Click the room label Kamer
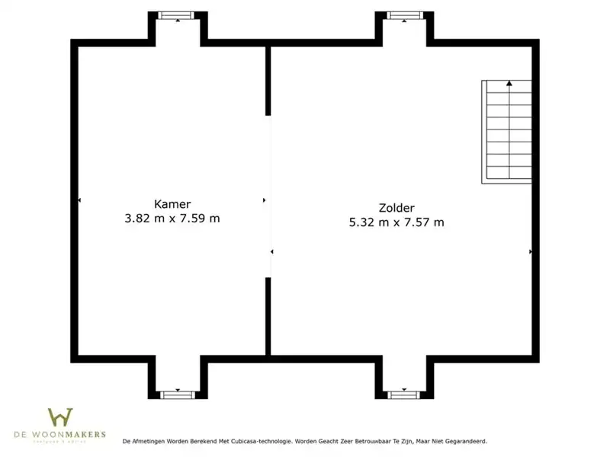pyautogui.click(x=172, y=204)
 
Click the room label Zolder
pyautogui.click(x=396, y=208)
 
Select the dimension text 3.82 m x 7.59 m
pyautogui.click(x=172, y=219)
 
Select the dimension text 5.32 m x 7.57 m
pyautogui.click(x=396, y=222)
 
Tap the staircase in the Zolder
pyautogui.click(x=506, y=132)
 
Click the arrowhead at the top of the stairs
pyautogui.click(x=508, y=83)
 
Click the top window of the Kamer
pyautogui.click(x=178, y=15)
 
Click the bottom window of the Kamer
pyautogui.click(x=178, y=395)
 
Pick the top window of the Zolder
pyautogui.click(x=404, y=15)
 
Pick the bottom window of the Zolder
pyautogui.click(x=404, y=395)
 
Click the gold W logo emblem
pyautogui.click(x=60, y=417)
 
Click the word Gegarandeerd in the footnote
pyautogui.click(x=463, y=441)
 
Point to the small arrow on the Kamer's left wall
pyautogui.click(x=79, y=200)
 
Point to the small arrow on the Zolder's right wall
pyautogui.click(x=530, y=251)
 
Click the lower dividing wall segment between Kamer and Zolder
pyautogui.click(x=268, y=316)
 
